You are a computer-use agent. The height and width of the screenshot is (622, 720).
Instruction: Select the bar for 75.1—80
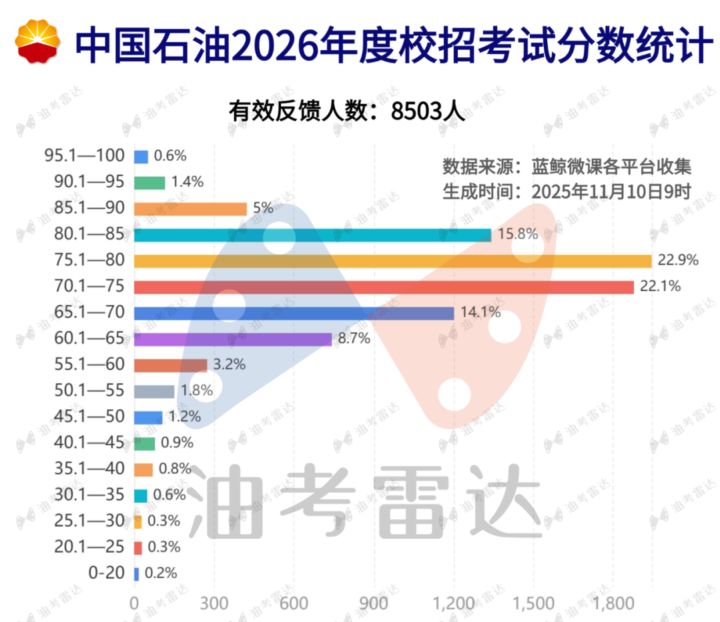(x=392, y=261)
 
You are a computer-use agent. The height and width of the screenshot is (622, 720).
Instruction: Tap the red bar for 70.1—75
(x=384, y=287)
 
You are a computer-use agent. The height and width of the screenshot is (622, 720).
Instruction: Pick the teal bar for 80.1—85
(x=312, y=235)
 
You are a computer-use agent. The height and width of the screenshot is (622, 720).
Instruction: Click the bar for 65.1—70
(x=294, y=313)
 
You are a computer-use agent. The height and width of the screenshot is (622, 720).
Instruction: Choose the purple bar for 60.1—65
(x=233, y=339)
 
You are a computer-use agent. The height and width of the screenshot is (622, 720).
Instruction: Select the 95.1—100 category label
(x=85, y=156)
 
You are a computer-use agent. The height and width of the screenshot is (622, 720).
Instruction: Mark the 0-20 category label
(x=106, y=573)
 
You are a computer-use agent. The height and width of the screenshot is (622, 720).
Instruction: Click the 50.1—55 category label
(x=89, y=391)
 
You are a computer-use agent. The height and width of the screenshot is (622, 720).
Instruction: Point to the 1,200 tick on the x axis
(x=454, y=604)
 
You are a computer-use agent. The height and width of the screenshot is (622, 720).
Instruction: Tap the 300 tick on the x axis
(x=214, y=604)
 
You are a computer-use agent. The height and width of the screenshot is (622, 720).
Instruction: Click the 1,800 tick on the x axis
(x=613, y=604)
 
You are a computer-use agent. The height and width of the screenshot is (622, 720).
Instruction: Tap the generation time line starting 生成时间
(x=567, y=191)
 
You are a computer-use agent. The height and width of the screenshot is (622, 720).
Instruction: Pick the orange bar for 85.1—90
(x=190, y=209)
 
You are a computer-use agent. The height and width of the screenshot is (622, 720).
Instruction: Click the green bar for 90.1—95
(x=149, y=182)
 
